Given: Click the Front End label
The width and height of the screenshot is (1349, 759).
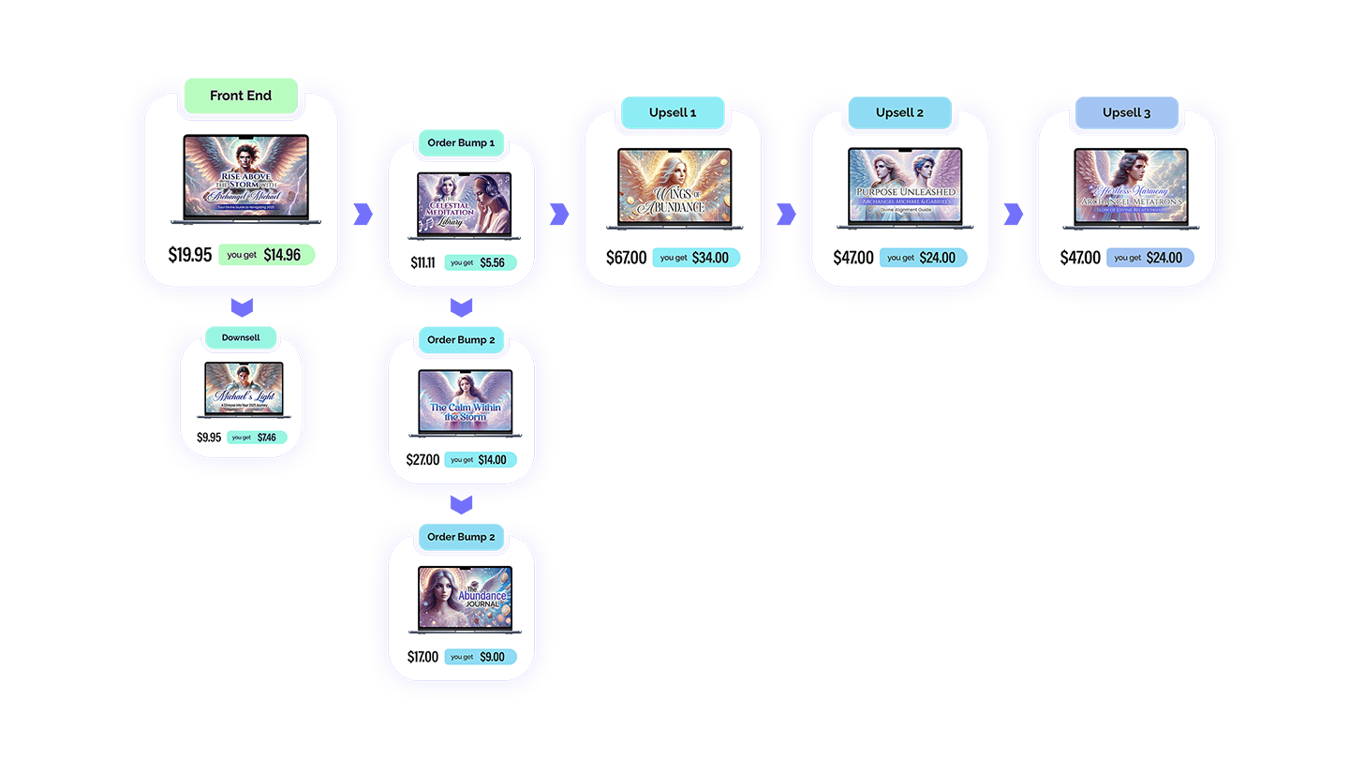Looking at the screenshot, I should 241,96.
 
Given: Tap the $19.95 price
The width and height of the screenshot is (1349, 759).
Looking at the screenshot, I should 190,255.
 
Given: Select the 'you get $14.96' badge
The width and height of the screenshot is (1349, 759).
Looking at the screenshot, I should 266,255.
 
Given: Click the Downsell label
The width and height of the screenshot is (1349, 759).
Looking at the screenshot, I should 242,337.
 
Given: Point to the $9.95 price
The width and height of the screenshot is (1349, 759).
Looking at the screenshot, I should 209,438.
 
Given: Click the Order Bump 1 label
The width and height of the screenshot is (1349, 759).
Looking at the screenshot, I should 461,143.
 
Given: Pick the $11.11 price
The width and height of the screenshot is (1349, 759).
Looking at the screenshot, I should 422,263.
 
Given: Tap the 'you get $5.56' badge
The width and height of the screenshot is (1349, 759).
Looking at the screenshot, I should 480,263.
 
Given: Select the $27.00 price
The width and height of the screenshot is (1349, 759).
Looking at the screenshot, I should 422,460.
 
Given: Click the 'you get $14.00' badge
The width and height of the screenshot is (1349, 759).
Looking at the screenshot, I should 480,460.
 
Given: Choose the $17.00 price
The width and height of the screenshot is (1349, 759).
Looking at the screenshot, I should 422,657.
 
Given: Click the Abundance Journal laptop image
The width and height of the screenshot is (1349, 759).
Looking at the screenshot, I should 466,599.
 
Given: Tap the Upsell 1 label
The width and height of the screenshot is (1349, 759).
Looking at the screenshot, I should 673,112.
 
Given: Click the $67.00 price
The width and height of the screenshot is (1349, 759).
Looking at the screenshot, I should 626,258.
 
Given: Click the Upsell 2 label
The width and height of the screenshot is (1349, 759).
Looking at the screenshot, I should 899,112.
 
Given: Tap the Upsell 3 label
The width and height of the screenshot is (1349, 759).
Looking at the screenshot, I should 1126,112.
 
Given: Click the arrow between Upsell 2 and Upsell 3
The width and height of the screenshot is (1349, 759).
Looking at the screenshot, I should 1013,215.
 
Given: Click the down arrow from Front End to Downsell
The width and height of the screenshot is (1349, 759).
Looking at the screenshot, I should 242,306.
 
